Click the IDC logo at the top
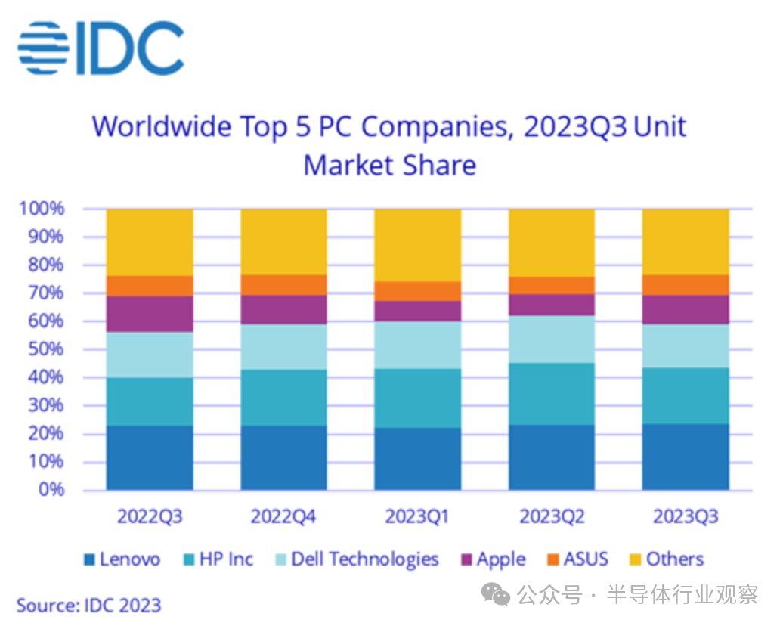pos(101,48)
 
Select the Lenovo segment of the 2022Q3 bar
pos(150,457)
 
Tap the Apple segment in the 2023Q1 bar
pos(418,311)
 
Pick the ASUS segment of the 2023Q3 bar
pos(686,285)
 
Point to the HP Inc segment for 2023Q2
pos(552,394)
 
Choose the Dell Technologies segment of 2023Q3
pos(686,346)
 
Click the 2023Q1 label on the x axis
pos(417,517)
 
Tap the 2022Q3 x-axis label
pos(150,517)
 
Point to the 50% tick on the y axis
pos(47,349)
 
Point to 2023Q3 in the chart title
pos(575,126)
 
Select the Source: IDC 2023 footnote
pos(88,605)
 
